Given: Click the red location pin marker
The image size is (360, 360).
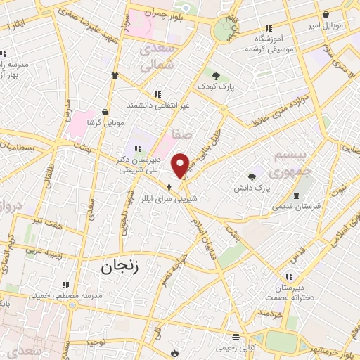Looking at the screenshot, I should pos(181,165).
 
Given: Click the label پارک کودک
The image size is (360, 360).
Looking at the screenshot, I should pos(215,86).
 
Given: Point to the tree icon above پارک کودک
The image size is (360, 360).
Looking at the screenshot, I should pos(215,75).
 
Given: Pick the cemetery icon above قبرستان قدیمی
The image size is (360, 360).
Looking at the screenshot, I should pos(299,195).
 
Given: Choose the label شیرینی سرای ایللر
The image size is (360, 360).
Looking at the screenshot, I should pos(169,198).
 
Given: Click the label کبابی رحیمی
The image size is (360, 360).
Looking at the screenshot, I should pos(236,347).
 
